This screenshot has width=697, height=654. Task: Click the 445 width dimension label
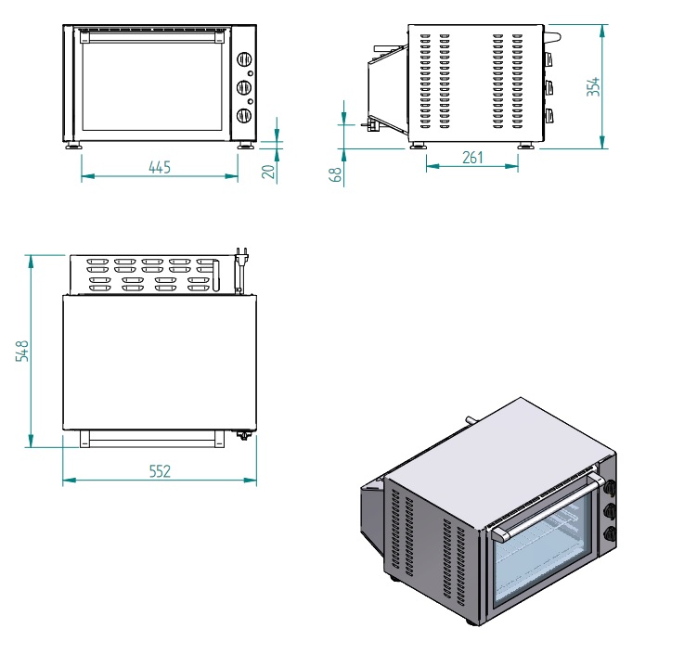(x=160, y=168)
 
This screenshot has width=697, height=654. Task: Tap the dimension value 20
(x=268, y=171)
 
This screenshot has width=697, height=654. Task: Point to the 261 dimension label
(x=472, y=158)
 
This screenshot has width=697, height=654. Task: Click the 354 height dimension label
(x=594, y=86)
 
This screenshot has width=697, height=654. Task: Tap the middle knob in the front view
(x=244, y=88)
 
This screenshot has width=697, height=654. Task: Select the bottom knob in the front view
(x=244, y=115)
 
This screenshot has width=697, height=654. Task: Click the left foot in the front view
(x=72, y=145)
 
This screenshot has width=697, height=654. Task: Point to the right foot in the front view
(x=246, y=145)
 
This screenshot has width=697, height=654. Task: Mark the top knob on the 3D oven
(x=610, y=483)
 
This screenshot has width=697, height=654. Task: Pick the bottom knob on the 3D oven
(x=611, y=532)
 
